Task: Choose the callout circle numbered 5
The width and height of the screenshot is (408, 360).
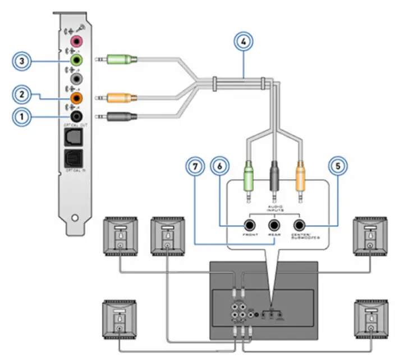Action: coord(338,167)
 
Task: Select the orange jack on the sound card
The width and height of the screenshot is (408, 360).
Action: coord(75,97)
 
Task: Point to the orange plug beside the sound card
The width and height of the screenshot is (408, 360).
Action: coord(118,97)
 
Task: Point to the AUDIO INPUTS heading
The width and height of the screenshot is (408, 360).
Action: coord(274,208)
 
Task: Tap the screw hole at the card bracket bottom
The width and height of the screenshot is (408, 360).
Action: coord(75,217)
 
